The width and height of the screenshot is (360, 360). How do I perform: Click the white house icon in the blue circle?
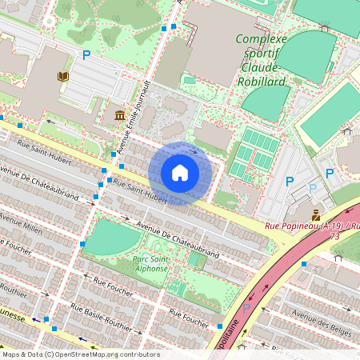[x=180, y=172]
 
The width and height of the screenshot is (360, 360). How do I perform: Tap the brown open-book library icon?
[x=62, y=76]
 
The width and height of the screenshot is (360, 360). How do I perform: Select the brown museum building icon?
[x=119, y=116]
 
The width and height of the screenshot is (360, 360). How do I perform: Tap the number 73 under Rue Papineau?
[x=334, y=237]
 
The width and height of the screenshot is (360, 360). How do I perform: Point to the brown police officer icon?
[x=316, y=214]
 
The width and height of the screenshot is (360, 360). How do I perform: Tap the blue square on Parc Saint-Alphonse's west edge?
[x=82, y=242]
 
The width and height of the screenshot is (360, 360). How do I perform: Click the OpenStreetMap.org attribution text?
[x=104, y=354]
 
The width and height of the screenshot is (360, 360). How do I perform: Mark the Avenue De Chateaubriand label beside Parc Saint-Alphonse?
[x=178, y=239]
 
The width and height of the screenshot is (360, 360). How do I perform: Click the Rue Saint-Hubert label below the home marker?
[x=140, y=191]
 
